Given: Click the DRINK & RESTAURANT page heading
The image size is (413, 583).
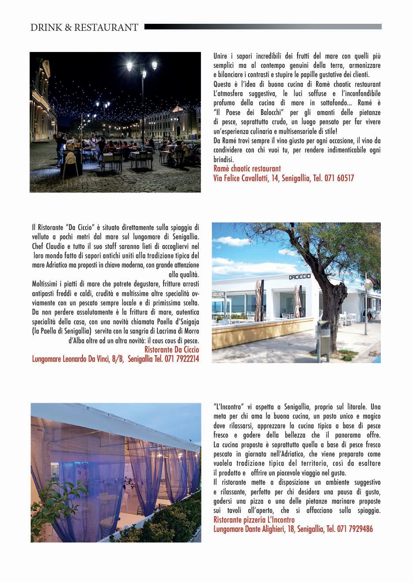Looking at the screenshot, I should (84, 27).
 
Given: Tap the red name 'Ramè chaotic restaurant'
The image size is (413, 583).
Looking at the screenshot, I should (247, 169).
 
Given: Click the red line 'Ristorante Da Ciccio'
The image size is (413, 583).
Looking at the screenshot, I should (171, 349).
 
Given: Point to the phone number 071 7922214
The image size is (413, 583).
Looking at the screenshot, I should (182, 359).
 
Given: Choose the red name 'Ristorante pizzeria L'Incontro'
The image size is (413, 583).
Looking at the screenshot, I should (254, 520).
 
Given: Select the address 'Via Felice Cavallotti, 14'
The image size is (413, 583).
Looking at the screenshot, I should (246, 178).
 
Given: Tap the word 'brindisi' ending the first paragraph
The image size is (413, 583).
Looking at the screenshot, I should (223, 159).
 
